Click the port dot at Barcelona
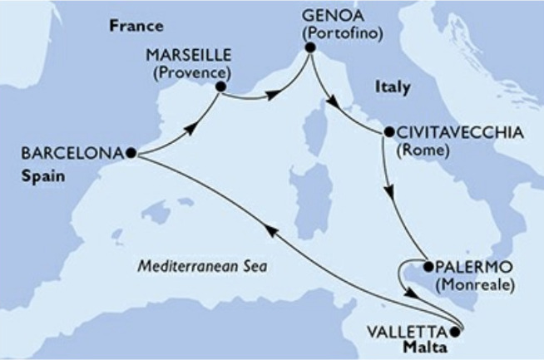coord(131,153)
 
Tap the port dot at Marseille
coord(220,85)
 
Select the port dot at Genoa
coord(309,47)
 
